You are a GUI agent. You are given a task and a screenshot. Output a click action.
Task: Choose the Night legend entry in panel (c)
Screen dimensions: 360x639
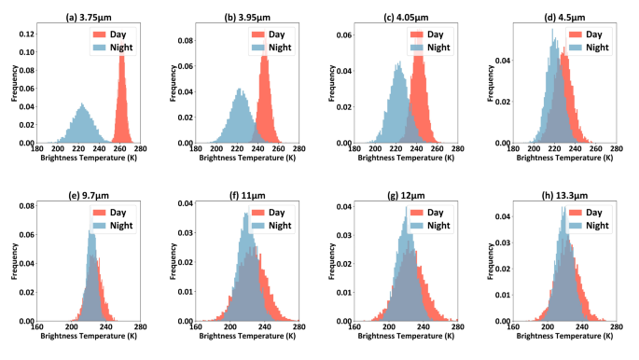tap(438, 47)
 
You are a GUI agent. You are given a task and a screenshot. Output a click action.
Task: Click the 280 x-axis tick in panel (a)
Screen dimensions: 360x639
tap(140, 149)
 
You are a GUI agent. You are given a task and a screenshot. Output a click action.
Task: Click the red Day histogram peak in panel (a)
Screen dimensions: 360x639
tap(121, 54)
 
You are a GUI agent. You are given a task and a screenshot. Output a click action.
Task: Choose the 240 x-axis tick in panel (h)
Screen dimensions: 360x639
tap(583, 327)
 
